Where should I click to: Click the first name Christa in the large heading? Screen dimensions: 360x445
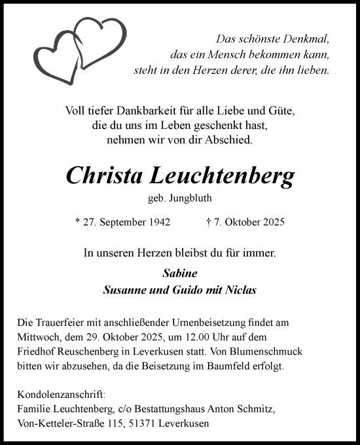(106, 175)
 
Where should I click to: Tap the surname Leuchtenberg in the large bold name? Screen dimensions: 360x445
(224, 175)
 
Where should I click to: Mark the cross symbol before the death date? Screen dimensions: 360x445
(207, 222)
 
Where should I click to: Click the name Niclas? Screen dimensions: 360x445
(241, 289)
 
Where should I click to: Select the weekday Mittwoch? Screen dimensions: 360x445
(36, 338)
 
